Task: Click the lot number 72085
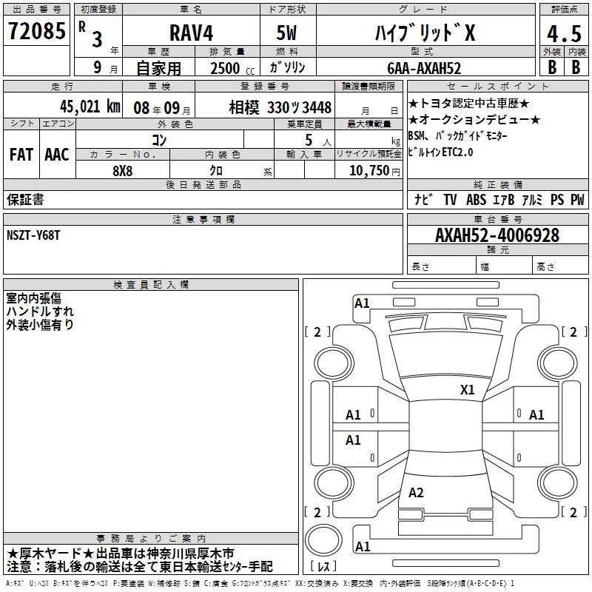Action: (36, 30)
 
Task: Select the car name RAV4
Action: (191, 33)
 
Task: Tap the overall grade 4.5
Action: (564, 34)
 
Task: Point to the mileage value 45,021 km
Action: (90, 106)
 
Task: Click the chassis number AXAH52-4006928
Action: (497, 235)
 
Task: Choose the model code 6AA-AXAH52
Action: (424, 68)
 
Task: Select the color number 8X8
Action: (122, 171)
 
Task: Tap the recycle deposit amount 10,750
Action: (369, 171)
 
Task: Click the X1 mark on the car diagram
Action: (467, 390)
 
